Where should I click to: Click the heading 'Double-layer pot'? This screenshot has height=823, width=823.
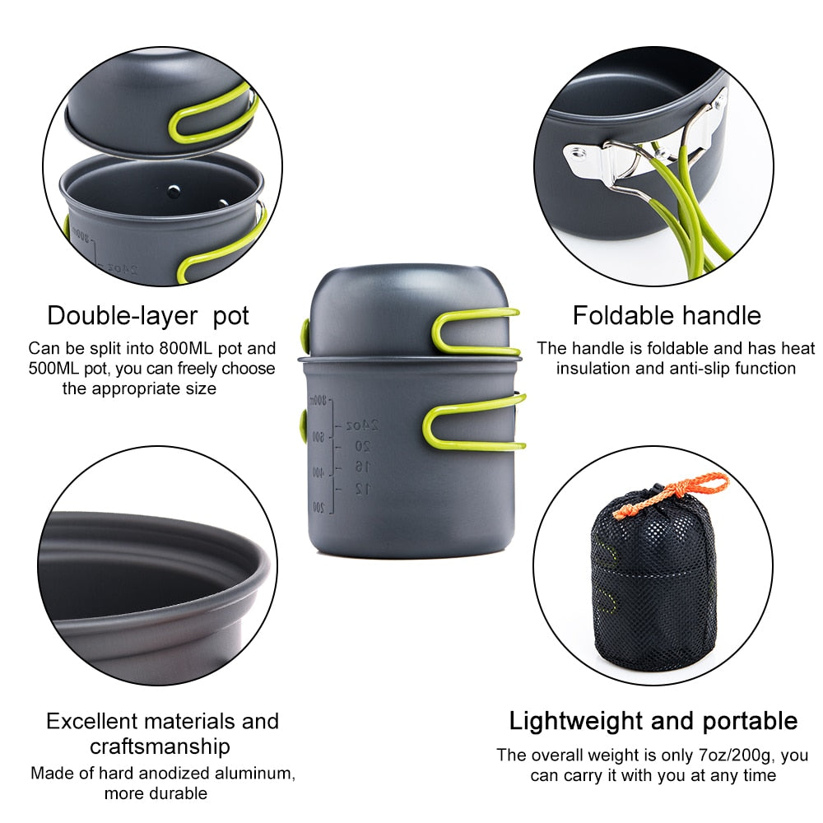click(147, 315)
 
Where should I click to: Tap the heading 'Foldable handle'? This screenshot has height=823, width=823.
click(667, 315)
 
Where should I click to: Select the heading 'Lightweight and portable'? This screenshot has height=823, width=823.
click(653, 721)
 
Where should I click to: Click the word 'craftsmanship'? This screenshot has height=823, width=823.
click(160, 746)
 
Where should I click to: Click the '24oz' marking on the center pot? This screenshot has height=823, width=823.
click(362, 425)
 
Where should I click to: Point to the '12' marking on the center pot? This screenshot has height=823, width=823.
click(362, 489)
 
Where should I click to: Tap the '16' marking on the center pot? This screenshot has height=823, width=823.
click(362, 467)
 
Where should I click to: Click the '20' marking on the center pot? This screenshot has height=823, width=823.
click(362, 446)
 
